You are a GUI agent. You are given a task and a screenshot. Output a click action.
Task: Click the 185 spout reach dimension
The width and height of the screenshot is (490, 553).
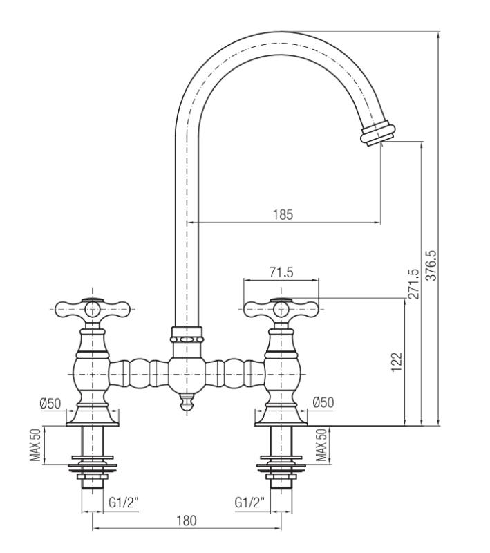[x=282, y=214]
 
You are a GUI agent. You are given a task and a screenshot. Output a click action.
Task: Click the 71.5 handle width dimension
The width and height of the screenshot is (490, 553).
[x=281, y=272]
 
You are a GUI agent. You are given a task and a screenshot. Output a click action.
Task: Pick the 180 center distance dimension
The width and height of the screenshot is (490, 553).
[x=187, y=521]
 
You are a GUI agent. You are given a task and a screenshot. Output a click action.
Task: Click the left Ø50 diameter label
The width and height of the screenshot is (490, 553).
[x=50, y=403]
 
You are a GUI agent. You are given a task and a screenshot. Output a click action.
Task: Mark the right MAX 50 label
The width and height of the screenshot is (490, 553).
[x=321, y=446]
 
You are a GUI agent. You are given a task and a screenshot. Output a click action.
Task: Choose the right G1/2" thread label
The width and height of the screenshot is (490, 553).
[x=249, y=503]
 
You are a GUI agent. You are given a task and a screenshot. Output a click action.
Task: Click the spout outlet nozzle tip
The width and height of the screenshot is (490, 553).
[x=379, y=131]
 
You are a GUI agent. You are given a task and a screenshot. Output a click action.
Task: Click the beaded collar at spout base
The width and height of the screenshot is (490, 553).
[x=187, y=339]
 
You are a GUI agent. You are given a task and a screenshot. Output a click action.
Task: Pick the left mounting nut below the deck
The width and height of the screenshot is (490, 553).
[x=92, y=472]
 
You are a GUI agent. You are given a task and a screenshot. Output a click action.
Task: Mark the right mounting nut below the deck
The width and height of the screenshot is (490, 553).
[x=281, y=472]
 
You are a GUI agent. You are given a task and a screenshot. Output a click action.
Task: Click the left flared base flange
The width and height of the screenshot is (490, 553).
[x=92, y=415]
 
